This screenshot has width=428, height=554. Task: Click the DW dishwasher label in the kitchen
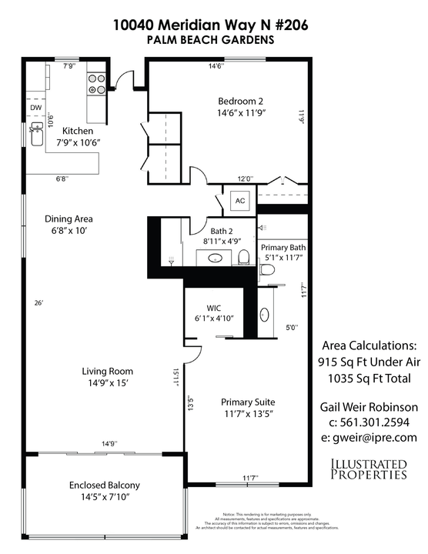click(35, 108)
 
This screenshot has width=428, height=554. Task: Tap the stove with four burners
click(96, 84)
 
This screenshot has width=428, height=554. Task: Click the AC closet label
click(239, 201)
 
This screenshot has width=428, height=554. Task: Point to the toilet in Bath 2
click(243, 257)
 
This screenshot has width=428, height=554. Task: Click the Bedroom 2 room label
click(229, 106)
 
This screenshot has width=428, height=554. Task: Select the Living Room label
click(104, 377)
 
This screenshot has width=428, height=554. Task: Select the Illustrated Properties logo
click(368, 469)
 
